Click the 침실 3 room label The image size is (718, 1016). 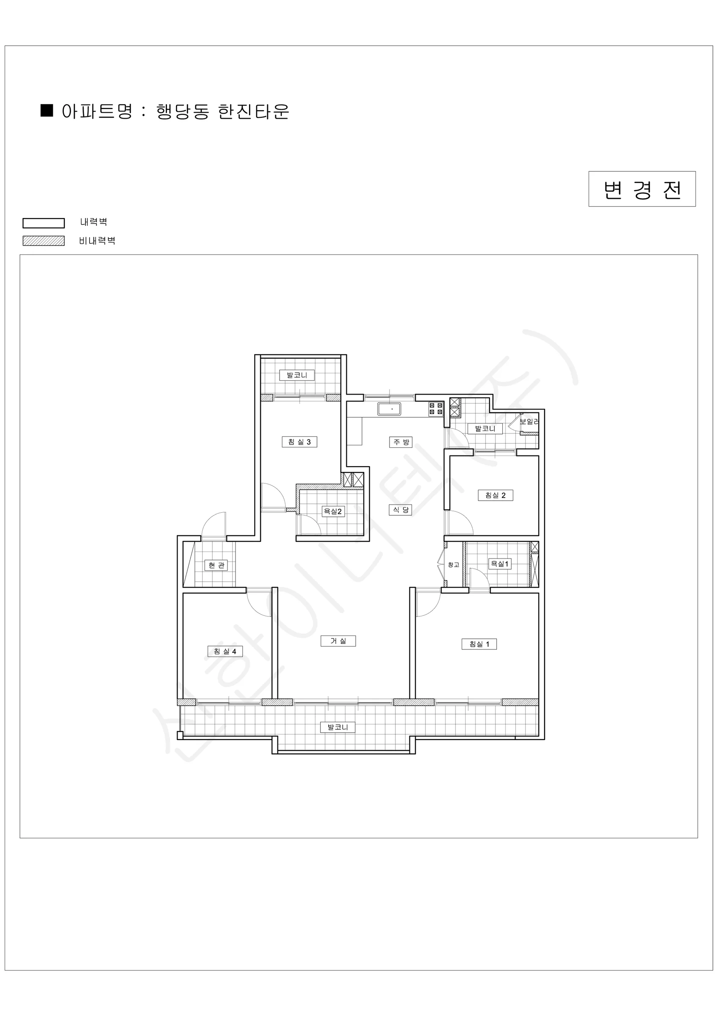[299, 442]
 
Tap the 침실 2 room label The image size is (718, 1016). [495, 495]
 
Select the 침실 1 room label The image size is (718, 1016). [479, 644]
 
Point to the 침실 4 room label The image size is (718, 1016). [225, 651]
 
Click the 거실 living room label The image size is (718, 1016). [338, 641]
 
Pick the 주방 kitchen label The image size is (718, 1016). [401, 442]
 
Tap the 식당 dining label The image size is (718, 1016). [400, 510]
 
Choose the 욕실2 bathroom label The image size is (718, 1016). [333, 511]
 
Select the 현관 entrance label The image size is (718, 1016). [216, 565]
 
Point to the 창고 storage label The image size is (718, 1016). [454, 565]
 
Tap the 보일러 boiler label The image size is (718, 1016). [529, 422]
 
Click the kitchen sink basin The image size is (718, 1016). [389, 409]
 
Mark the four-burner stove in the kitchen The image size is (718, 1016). [436, 409]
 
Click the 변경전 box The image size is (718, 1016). [642, 189]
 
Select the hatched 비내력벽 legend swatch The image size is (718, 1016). [44, 241]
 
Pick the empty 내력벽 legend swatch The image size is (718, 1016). [44, 223]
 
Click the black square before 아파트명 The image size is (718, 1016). [47, 110]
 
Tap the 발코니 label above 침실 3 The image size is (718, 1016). [297, 375]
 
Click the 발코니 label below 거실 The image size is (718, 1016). [338, 727]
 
